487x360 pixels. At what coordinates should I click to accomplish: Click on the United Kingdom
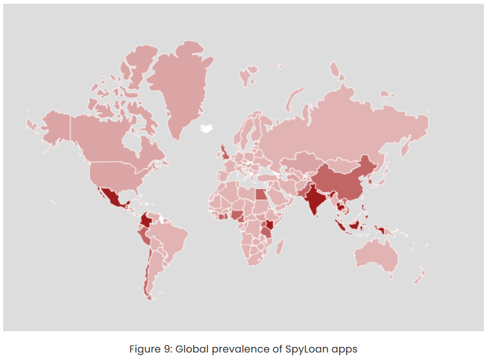224,152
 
